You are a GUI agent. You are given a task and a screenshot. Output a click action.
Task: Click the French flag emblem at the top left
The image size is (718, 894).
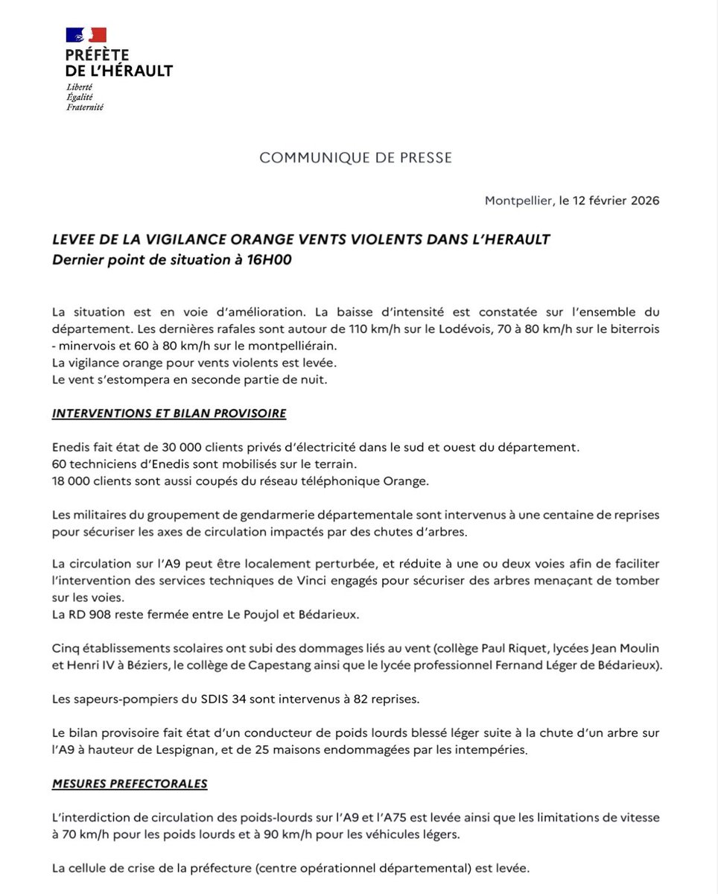pyautogui.click(x=86, y=35)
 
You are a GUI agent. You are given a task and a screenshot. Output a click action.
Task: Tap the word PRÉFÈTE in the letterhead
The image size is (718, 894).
pyautogui.click(x=97, y=55)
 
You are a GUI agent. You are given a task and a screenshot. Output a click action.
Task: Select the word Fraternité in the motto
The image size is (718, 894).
pyautogui.click(x=84, y=107)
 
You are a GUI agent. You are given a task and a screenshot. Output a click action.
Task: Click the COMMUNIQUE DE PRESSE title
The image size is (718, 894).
pyautogui.click(x=355, y=158)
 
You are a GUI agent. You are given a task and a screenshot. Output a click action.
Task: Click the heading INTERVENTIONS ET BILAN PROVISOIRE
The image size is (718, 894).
pyautogui.click(x=169, y=413)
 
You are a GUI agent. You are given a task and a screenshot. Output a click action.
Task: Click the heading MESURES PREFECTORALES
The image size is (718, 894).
pyautogui.click(x=130, y=784)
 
